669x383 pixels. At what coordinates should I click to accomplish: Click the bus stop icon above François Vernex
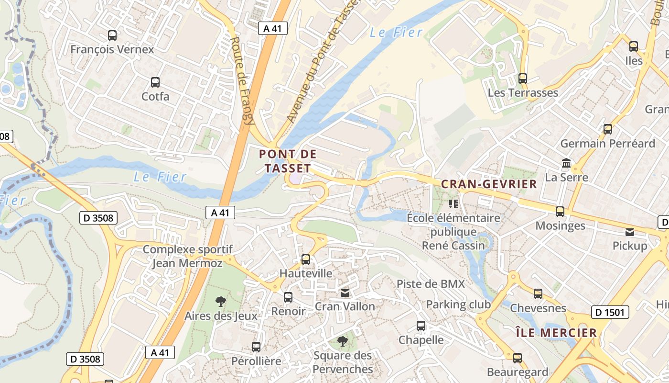click(x=112, y=35)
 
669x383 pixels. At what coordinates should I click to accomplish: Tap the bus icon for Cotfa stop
click(x=155, y=82)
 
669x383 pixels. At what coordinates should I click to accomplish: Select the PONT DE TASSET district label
click(x=288, y=161)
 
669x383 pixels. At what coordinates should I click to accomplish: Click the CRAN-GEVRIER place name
click(x=489, y=184)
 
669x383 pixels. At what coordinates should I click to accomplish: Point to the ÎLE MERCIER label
click(x=556, y=333)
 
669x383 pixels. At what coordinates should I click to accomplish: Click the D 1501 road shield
click(x=610, y=313)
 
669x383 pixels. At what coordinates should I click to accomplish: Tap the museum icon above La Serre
click(x=567, y=163)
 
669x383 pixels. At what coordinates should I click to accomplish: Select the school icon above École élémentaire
click(x=453, y=204)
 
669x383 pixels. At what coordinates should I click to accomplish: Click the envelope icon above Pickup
click(x=630, y=232)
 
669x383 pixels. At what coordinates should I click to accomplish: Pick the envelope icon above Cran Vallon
click(x=345, y=293)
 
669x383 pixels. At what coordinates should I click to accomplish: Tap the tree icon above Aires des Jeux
click(x=220, y=302)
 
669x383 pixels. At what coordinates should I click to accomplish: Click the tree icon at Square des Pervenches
click(x=343, y=341)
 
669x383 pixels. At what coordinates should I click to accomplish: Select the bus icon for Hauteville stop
click(x=306, y=259)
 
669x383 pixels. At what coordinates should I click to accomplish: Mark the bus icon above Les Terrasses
click(x=523, y=79)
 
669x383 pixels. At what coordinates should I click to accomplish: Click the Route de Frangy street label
click(x=241, y=81)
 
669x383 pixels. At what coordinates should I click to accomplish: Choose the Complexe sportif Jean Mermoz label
click(x=187, y=256)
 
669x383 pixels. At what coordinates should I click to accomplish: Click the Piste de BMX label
click(x=431, y=284)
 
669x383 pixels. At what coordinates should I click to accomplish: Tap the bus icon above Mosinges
click(x=560, y=212)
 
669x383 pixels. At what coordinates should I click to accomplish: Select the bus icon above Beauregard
click(x=518, y=358)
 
